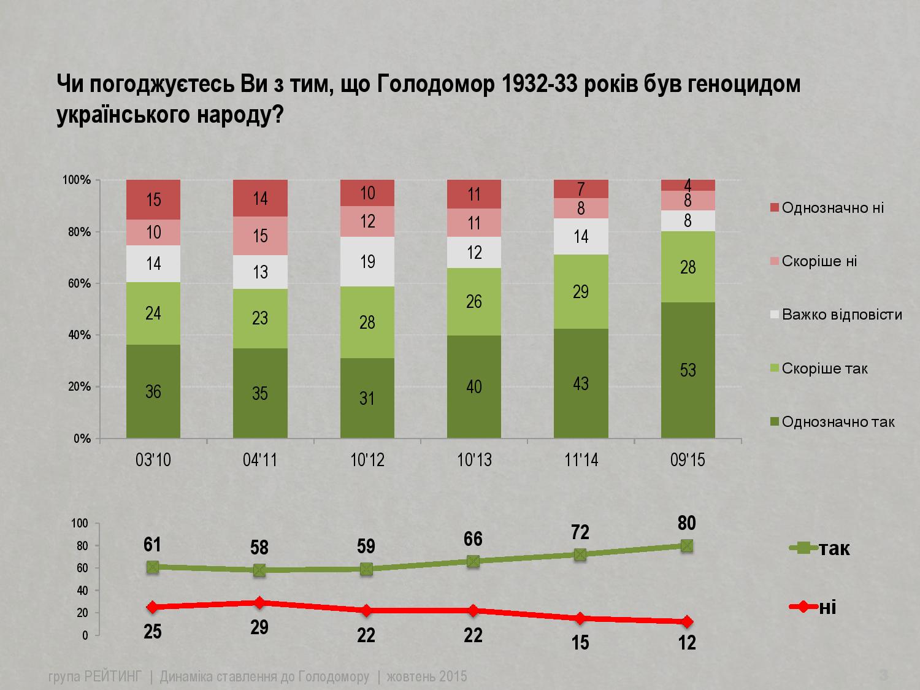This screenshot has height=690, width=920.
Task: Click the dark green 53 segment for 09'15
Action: coord(688,370)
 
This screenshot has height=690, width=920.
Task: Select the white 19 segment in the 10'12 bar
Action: coord(367,262)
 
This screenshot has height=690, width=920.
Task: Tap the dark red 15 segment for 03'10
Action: coord(153,200)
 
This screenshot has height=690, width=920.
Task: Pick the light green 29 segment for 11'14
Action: coord(581,292)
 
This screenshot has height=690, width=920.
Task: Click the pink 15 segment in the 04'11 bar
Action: coord(260,236)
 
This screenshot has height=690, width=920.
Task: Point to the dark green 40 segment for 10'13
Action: coord(474,387)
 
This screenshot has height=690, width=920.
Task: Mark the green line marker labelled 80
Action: coord(687,545)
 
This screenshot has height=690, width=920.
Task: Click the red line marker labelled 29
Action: coord(259,603)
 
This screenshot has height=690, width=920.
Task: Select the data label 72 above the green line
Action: coord(580,532)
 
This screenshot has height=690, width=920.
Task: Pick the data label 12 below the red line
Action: coord(688,642)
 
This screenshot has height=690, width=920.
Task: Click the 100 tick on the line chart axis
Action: coord(81,523)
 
